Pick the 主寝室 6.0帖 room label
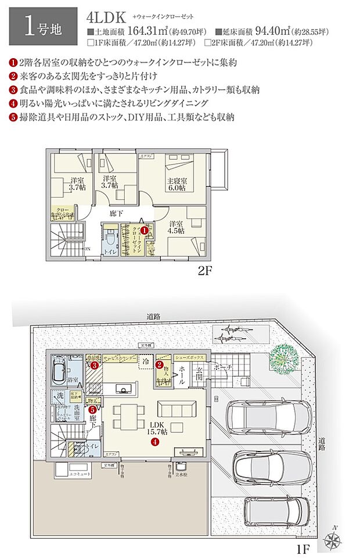[176, 184]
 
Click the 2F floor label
[206, 271]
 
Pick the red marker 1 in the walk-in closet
[145, 230]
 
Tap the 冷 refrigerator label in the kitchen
[146, 361]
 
